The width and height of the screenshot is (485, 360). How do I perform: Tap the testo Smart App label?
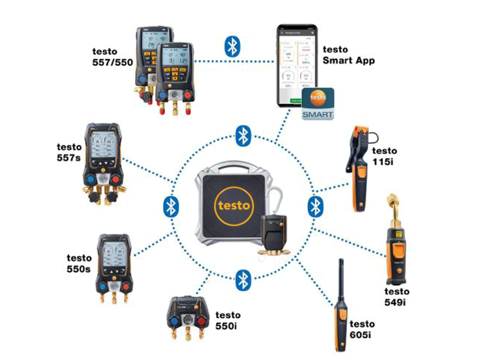[x=349, y=55]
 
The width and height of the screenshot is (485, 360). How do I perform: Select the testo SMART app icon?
[x=318, y=104]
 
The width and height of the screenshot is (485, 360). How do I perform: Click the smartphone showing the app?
[x=295, y=67]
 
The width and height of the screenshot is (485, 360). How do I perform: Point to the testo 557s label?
[x=69, y=152]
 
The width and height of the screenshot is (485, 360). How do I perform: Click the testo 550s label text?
[x=79, y=263]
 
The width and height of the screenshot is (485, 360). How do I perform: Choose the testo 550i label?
[x=228, y=320]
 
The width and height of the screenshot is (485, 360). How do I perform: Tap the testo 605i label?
[x=362, y=329]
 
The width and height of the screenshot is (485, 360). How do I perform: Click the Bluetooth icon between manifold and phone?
[x=232, y=46]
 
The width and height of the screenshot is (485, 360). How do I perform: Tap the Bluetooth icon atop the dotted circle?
[x=242, y=135]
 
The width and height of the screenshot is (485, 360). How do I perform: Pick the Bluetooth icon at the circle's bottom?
[x=242, y=278]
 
